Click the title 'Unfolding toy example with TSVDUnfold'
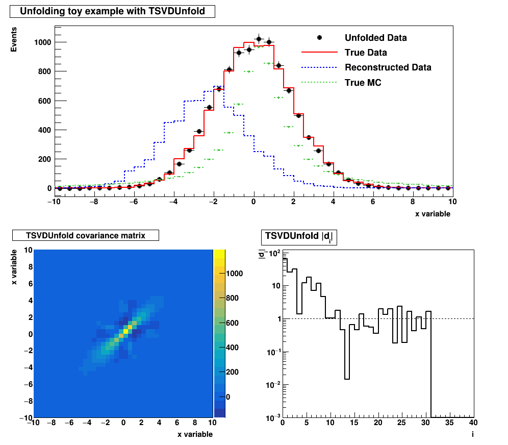[112, 11]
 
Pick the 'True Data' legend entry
[366, 53]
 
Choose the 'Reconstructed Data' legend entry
[388, 67]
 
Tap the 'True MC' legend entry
[363, 82]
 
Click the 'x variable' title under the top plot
[433, 214]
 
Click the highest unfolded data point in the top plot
[259, 39]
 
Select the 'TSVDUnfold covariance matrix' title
[86, 235]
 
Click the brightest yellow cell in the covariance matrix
[125, 331]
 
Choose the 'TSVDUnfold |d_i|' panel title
[299, 237]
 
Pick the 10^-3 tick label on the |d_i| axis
[272, 418]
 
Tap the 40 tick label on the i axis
[473, 424]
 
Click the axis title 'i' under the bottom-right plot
[473, 434]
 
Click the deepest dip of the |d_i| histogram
[347, 379]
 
